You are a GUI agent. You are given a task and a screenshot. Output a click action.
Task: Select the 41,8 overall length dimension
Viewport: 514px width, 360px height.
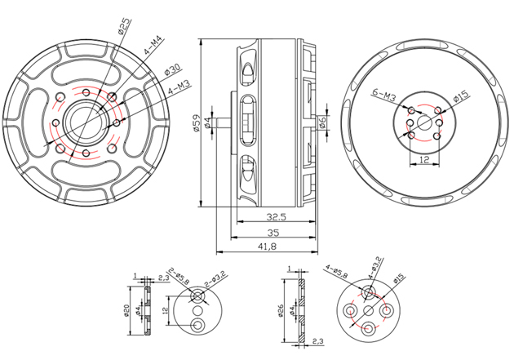point(267,246)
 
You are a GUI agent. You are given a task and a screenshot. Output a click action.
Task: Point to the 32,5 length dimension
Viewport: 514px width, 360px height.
point(275,217)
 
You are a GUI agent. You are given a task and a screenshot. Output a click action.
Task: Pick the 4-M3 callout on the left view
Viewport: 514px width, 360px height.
point(179,88)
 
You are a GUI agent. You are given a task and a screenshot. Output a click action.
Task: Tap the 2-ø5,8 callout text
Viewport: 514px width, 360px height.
point(178,280)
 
